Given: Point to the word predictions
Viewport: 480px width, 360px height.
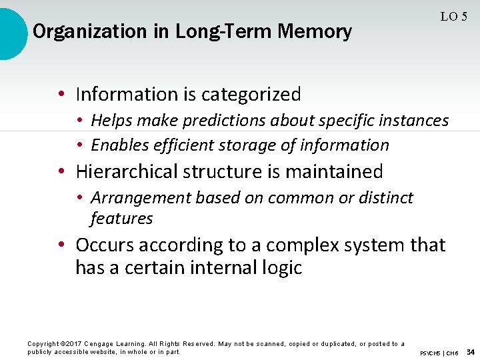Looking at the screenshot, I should pyautogui.click(x=225, y=121).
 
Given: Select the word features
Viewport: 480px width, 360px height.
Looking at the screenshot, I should pyautogui.click(x=121, y=219).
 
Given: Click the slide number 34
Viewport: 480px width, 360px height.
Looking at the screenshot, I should pyautogui.click(x=471, y=351).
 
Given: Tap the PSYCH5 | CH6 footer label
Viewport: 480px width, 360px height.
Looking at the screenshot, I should pyautogui.click(x=439, y=353).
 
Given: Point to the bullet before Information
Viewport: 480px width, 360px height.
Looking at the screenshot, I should pyautogui.click(x=61, y=95).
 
